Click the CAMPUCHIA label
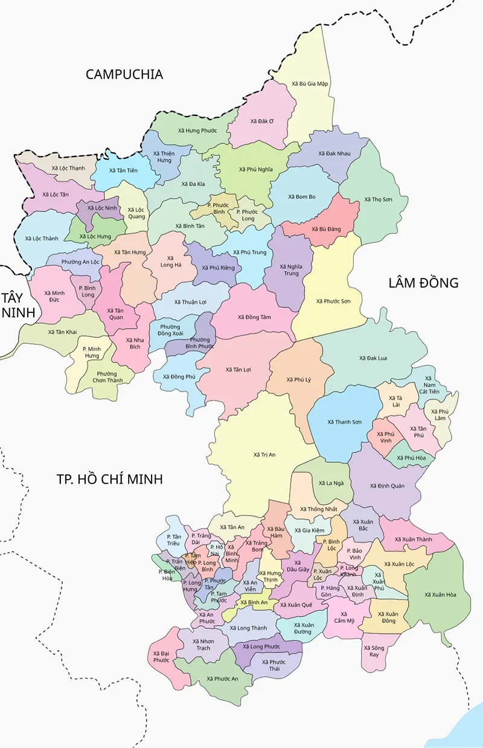[x=124, y=74]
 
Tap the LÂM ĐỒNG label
[x=423, y=282]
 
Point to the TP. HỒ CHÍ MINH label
[x=110, y=479]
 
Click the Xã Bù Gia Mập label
[x=309, y=84]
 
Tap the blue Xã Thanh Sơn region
[x=344, y=421]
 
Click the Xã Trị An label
[x=264, y=454]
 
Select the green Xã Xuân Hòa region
[x=440, y=595]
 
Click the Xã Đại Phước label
[x=161, y=657]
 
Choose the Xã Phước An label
[x=222, y=679]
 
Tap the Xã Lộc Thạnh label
[x=68, y=168]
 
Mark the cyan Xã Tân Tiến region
[x=123, y=170]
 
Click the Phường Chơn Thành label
[x=107, y=377]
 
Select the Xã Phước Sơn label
[x=333, y=300]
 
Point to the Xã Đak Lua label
[x=373, y=358]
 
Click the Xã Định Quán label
[x=387, y=486]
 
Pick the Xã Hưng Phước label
[x=197, y=131]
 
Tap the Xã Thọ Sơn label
[x=378, y=199]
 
